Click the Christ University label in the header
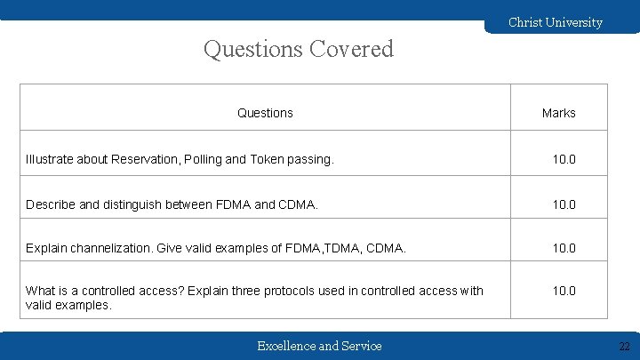(555, 22)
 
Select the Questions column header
(265, 113)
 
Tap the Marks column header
(558, 113)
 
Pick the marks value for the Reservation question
(564, 159)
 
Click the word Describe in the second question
(51, 204)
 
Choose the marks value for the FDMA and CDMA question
(564, 204)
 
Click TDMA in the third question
(342, 248)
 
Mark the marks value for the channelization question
(564, 248)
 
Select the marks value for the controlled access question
(564, 291)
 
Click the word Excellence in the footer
(285, 346)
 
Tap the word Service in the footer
(362, 346)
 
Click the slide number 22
(624, 346)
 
